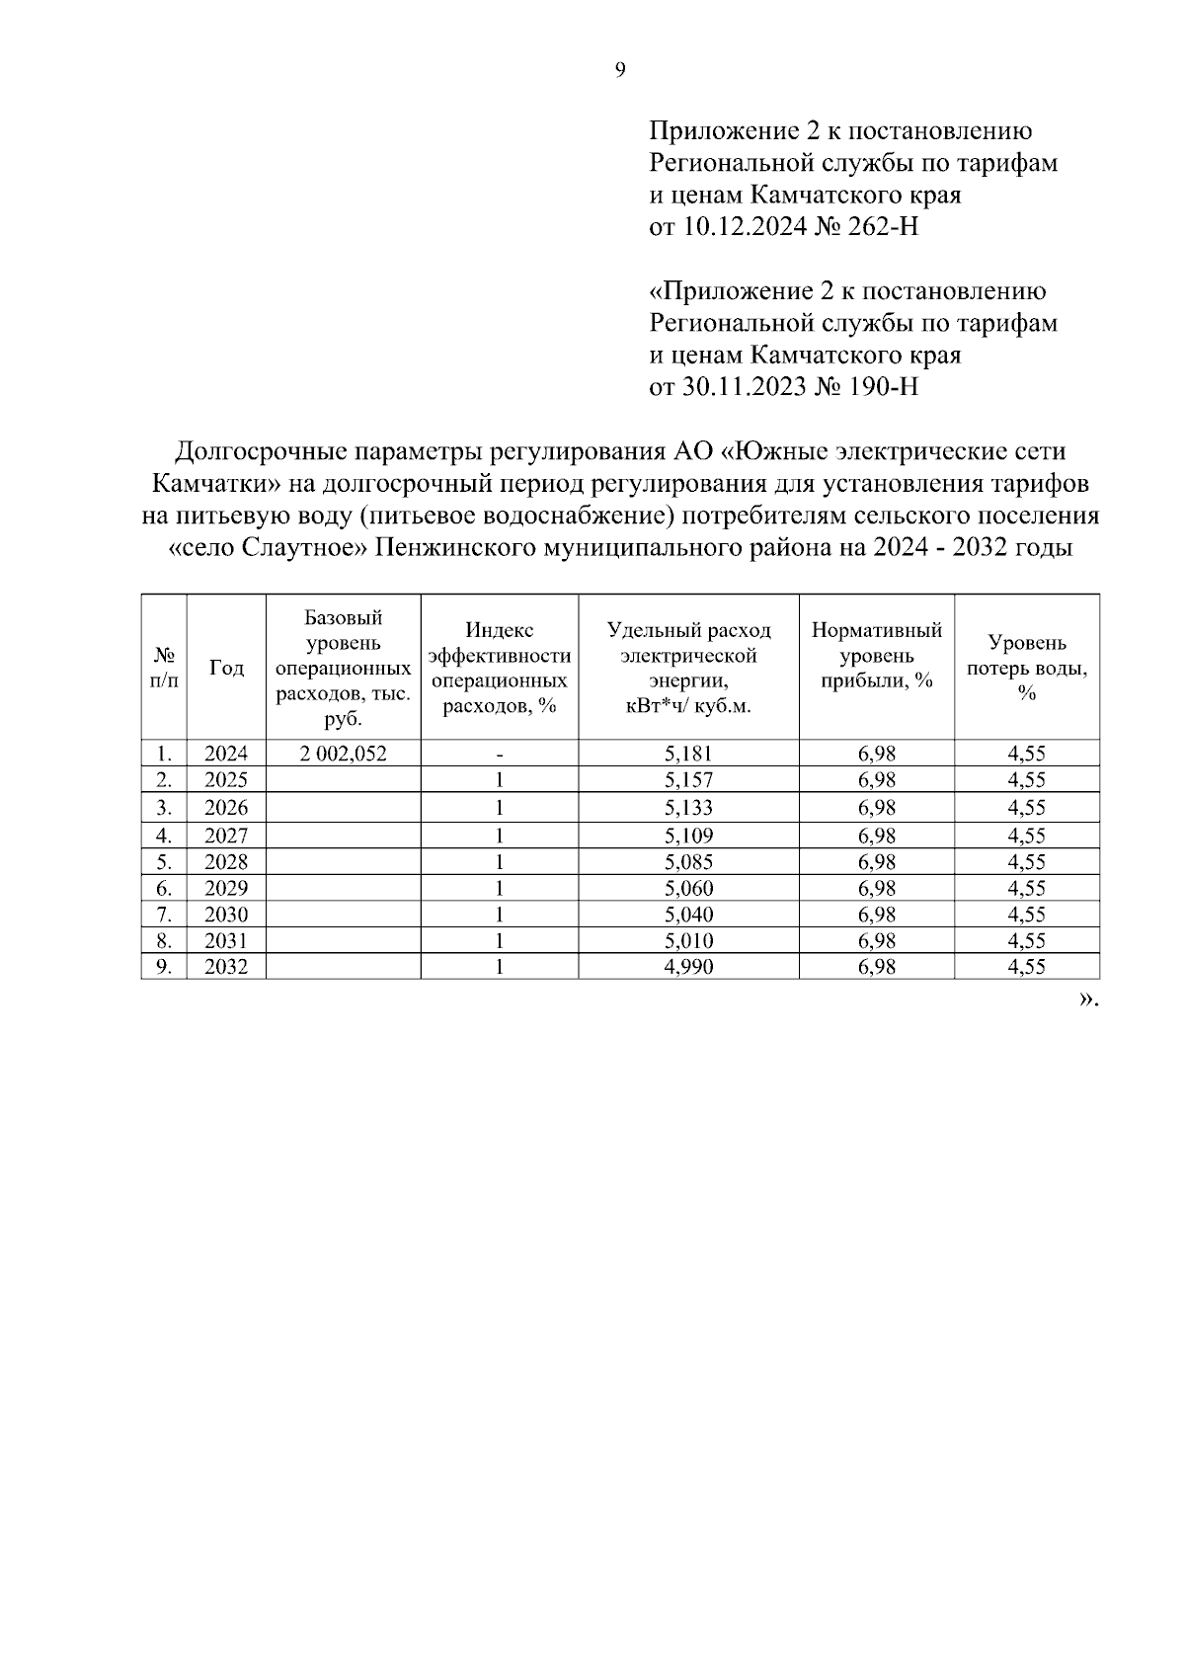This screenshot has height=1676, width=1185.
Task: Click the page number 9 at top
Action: [619, 69]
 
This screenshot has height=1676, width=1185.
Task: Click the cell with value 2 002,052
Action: [343, 754]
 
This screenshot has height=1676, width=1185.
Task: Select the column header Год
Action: [226, 669]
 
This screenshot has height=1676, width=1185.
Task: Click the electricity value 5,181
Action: [688, 754]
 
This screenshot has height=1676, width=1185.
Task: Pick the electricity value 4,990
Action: [688, 967]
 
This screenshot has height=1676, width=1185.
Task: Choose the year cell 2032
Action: [226, 967]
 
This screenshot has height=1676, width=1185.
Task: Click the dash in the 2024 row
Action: [500, 754]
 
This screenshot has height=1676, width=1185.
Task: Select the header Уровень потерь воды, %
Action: [1027, 669]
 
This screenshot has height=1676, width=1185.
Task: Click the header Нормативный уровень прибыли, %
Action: [877, 656]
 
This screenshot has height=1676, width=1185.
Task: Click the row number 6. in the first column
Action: [164, 888]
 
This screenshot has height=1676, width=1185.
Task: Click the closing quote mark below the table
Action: [1087, 998]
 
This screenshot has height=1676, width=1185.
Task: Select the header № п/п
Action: [164, 669]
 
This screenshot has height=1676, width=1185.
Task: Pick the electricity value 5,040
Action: [688, 915]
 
